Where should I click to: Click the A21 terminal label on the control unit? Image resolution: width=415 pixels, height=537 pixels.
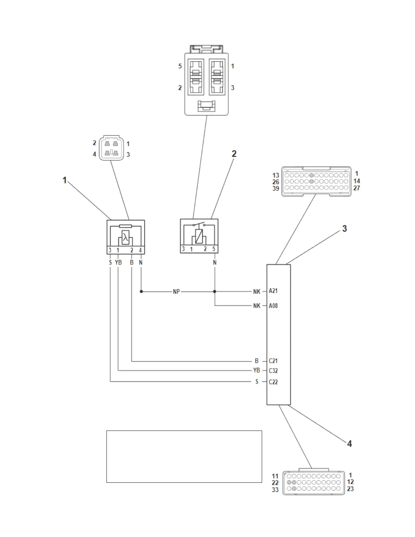coord(273,291)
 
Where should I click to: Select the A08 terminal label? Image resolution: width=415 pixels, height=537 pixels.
coord(273,306)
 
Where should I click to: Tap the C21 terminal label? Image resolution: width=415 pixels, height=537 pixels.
coord(273,361)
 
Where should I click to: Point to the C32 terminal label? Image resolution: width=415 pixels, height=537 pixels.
coord(273,371)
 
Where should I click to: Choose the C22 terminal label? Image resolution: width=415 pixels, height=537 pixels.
coord(273,382)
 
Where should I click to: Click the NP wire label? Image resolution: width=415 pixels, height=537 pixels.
coord(176,292)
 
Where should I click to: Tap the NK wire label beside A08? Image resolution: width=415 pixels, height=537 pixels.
coord(257,306)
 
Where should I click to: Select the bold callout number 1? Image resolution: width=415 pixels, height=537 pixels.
coord(65,180)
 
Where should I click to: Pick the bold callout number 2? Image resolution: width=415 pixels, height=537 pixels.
coord(234,154)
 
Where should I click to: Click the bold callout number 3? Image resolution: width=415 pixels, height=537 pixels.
coord(344,228)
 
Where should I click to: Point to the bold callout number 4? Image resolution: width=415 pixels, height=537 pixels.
coord(349,443)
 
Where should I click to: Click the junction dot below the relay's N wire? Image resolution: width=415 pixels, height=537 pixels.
coord(215,291)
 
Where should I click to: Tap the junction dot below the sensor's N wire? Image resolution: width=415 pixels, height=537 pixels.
coord(141,291)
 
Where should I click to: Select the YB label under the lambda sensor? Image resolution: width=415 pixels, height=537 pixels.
coord(118,263)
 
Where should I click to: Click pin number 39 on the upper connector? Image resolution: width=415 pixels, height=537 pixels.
coord(276,188)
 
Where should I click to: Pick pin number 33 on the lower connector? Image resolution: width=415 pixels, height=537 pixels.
coord(275,490)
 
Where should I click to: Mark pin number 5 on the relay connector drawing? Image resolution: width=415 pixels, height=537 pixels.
coord(180,66)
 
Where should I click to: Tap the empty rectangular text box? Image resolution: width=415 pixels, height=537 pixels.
coord(184,456)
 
